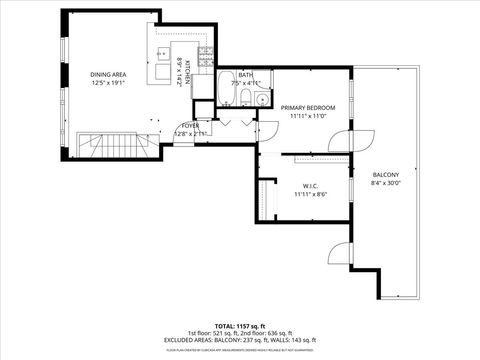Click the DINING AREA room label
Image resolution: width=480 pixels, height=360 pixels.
109,74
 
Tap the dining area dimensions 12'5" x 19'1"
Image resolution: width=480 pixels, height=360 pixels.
109,83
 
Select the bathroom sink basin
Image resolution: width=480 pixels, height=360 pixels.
260,99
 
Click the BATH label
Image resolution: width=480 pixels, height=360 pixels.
245,74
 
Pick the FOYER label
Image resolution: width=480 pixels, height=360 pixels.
190,125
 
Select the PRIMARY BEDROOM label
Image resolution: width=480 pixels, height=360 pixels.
307,107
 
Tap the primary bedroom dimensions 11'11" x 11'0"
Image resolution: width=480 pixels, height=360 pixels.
307,116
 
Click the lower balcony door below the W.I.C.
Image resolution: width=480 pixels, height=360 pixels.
340,255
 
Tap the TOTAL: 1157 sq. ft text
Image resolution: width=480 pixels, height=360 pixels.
240,325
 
